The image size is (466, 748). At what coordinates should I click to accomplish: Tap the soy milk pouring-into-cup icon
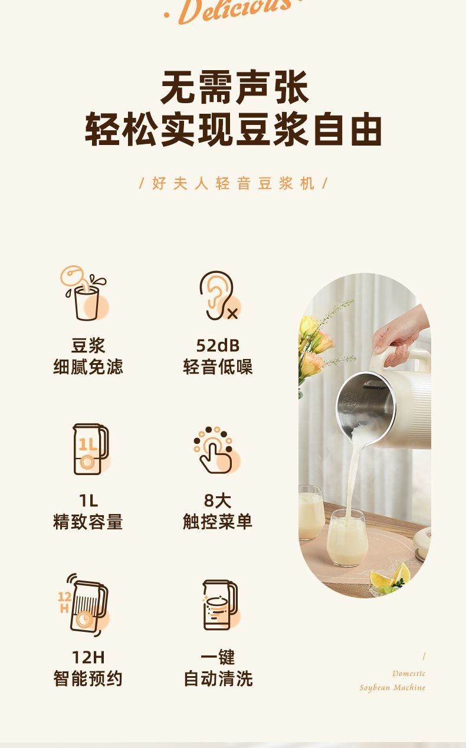(x=84, y=293)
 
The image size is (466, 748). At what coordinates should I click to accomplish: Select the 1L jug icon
(x=91, y=449)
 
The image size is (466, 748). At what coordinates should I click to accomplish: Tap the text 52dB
(x=218, y=345)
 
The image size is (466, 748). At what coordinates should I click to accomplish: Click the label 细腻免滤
(x=88, y=367)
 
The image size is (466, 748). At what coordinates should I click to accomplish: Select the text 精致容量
(x=88, y=522)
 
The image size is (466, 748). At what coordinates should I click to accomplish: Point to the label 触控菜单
(x=218, y=522)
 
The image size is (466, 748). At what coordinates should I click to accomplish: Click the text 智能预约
(x=88, y=678)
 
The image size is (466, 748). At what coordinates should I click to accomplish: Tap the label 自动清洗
(x=218, y=678)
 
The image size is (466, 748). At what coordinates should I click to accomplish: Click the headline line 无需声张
(x=234, y=87)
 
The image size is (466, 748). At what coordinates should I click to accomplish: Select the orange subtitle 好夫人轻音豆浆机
(x=234, y=183)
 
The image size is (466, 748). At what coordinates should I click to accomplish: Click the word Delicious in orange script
(x=232, y=11)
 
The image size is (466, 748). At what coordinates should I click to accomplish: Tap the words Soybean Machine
(x=392, y=687)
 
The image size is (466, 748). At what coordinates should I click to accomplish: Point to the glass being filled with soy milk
(x=347, y=538)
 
